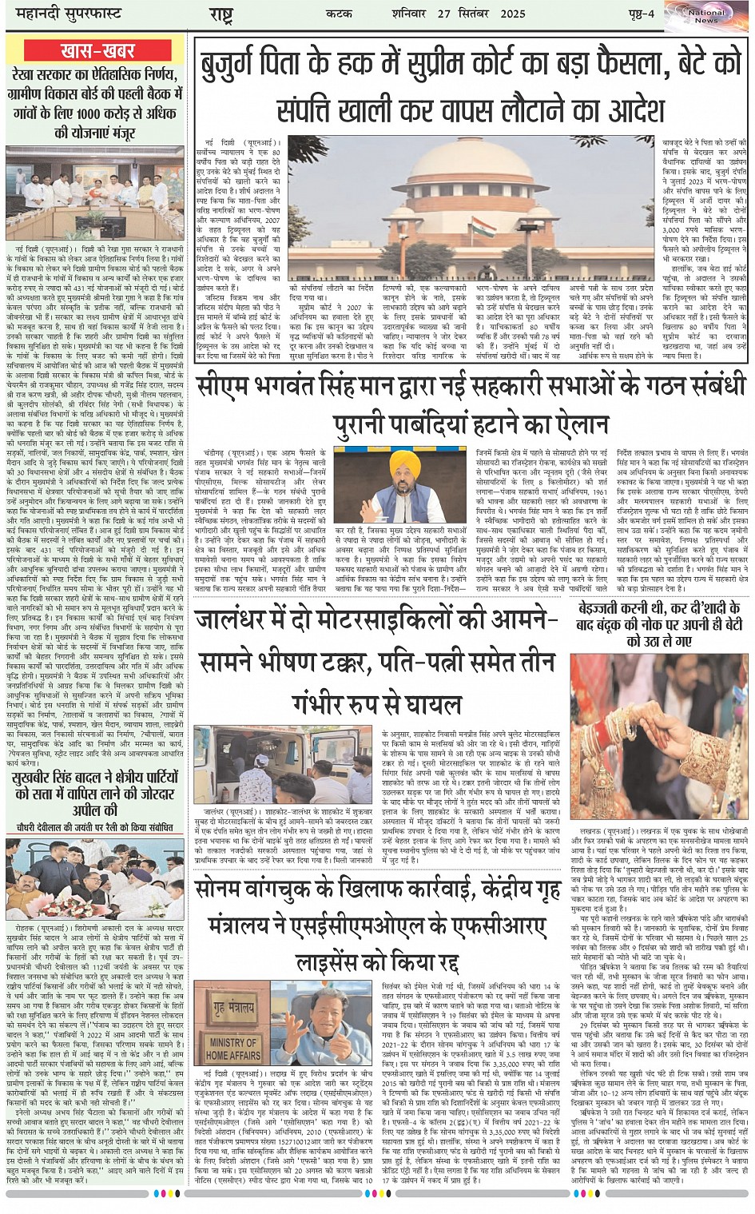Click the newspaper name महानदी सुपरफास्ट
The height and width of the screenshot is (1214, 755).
64,14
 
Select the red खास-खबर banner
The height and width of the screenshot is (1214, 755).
97,51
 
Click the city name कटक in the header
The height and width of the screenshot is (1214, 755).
340,14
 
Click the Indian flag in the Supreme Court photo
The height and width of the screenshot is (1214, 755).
480,227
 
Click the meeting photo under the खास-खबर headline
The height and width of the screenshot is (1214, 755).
94,192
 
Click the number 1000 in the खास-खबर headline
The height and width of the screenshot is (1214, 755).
88,113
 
